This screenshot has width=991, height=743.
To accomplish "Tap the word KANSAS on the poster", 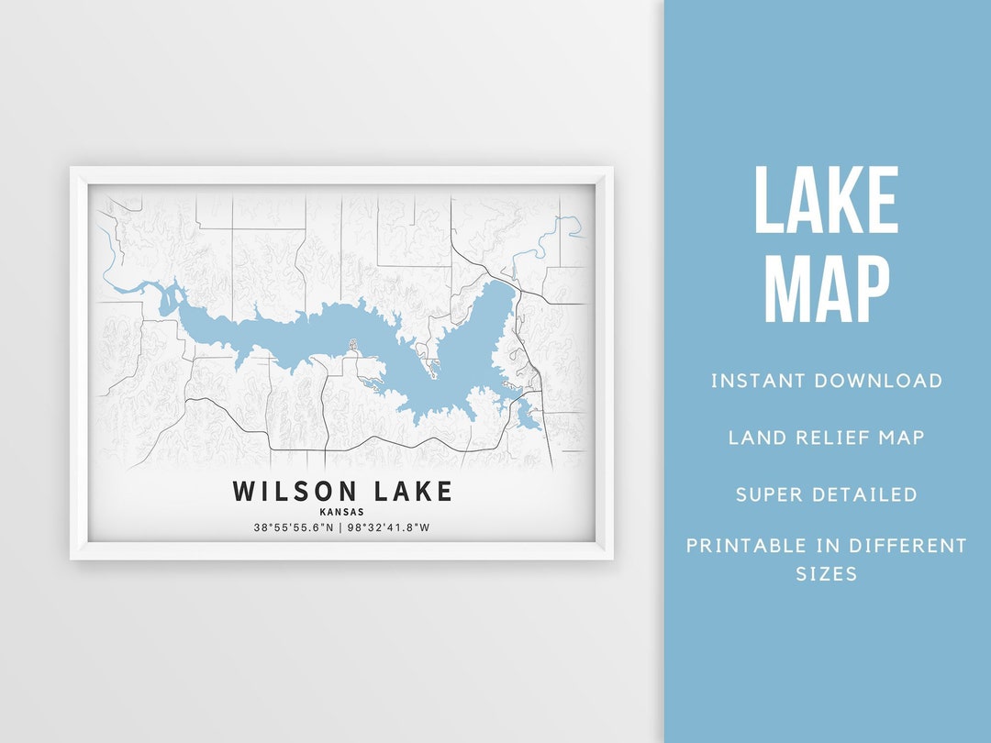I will tap(342, 512).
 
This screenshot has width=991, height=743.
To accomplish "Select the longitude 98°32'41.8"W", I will tap(392, 527).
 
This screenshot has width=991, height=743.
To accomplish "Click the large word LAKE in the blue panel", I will tap(826, 201).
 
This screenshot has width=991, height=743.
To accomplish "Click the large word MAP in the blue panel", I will tap(826, 289).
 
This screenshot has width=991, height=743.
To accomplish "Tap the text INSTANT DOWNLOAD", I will tap(826, 381).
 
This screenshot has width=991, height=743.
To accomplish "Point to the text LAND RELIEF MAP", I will tap(826, 438).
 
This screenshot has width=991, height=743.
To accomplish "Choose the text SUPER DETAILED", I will tap(826, 494).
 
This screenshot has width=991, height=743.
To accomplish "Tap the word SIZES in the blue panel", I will tap(826, 574).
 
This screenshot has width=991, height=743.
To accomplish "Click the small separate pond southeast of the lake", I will tap(525, 418).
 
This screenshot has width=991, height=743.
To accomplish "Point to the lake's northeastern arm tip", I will tap(499, 286).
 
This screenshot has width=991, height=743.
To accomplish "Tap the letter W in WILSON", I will tap(243, 492).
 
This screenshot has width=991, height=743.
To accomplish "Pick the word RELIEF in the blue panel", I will tap(826, 438).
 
